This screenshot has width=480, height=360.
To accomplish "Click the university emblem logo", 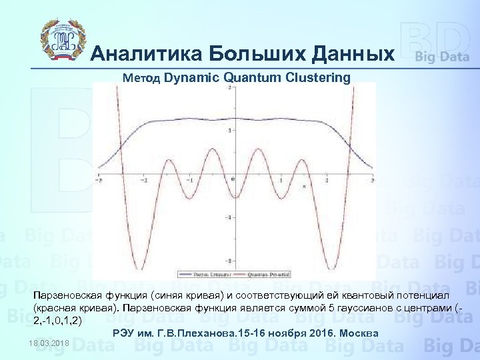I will [62, 38].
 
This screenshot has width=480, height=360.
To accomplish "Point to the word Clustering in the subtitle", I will [317, 77].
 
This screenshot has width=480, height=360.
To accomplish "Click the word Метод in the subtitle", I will [141, 78].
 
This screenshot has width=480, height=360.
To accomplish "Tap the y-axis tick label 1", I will [230, 131].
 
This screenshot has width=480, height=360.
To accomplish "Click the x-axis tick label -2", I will [143, 182].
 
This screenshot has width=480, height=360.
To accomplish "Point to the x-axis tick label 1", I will [281, 182].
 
